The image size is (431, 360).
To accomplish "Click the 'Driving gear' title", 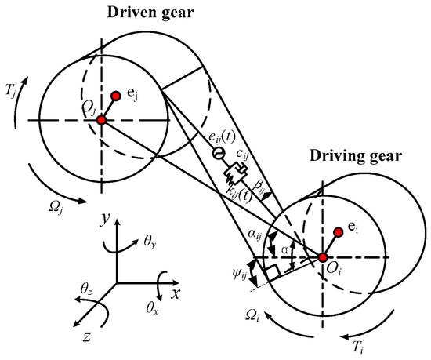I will [x=361, y=156].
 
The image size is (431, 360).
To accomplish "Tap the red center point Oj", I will [x=100, y=120].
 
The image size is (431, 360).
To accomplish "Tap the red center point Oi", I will [x=323, y=256].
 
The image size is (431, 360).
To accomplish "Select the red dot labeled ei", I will [x=339, y=231].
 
